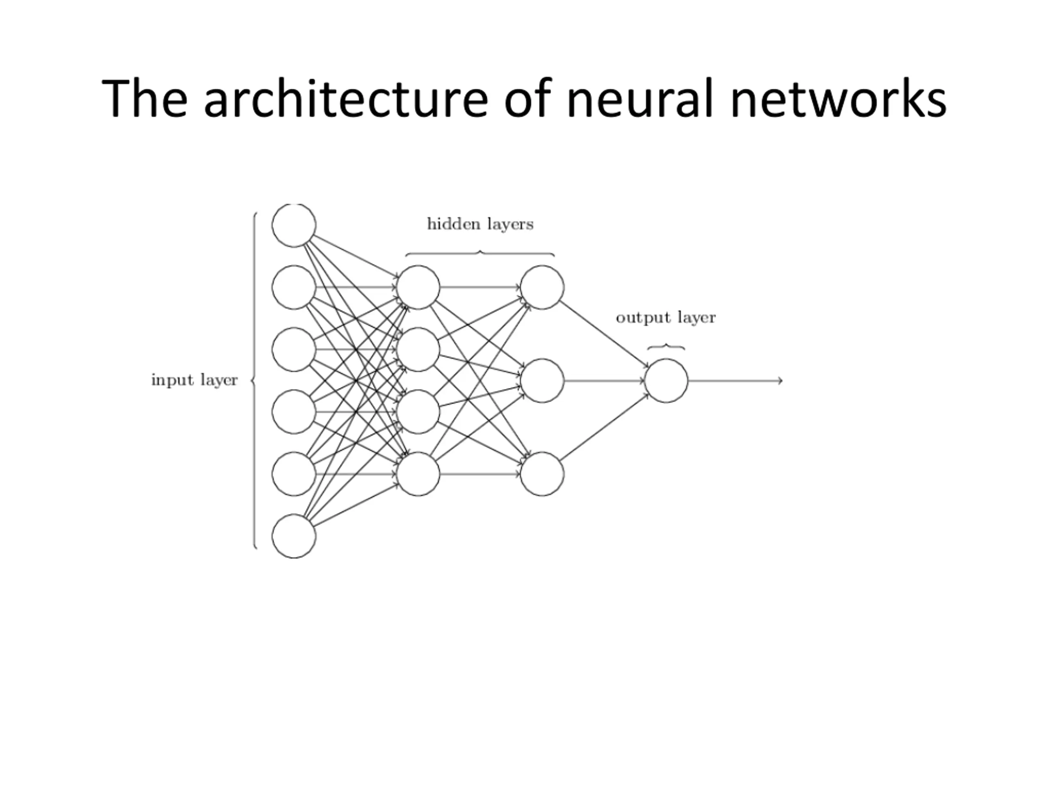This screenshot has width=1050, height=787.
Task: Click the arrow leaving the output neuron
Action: click(735, 380)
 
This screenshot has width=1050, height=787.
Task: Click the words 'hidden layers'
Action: click(480, 224)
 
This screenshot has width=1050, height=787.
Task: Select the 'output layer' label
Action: click(666, 318)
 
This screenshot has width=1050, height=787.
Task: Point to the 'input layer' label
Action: click(194, 380)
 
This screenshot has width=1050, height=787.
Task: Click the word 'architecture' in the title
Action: click(346, 99)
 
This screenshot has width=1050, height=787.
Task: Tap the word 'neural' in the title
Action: click(640, 99)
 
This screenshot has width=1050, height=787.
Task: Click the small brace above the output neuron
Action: click(666, 346)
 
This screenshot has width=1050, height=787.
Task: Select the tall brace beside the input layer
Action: click(254, 380)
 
